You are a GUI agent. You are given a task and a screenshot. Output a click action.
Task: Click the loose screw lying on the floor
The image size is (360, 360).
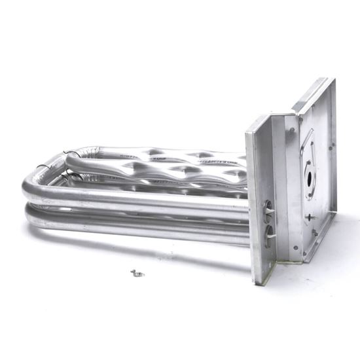point(137,273)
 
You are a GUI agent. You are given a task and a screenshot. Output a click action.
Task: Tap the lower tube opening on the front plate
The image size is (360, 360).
point(268,234)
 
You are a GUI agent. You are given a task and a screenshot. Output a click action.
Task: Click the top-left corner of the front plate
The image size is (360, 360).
point(247,130)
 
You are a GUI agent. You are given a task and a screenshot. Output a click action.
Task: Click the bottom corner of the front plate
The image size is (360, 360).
point(257,283)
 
